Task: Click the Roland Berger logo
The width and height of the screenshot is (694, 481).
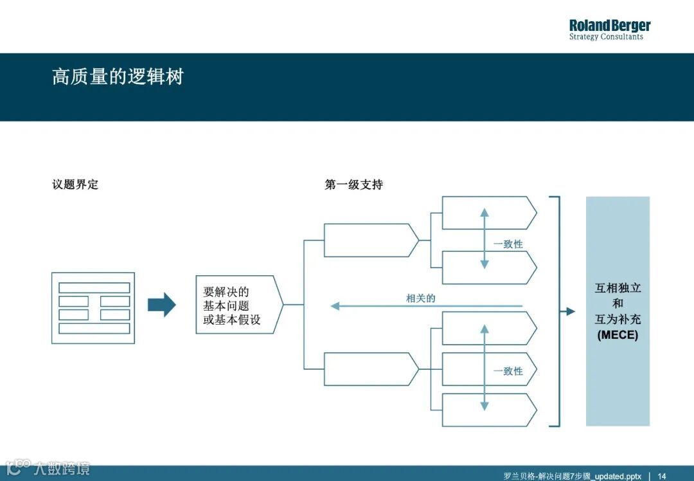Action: (x=609, y=26)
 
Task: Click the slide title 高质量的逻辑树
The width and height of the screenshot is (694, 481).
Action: (x=118, y=77)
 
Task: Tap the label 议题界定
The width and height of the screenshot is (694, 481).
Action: (x=75, y=185)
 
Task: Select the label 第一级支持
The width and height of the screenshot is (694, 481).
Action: (x=353, y=185)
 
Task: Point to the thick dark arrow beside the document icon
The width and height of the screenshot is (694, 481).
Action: (x=161, y=305)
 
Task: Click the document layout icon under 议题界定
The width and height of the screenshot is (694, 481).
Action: (x=93, y=308)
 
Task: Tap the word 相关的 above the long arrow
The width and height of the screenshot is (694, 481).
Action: (x=420, y=298)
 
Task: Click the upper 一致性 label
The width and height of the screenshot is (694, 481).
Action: (x=508, y=244)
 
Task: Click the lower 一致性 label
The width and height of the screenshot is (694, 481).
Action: (x=508, y=371)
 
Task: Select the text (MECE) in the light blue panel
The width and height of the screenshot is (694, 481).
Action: (x=618, y=335)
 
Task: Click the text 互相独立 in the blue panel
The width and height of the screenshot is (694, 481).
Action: (x=618, y=288)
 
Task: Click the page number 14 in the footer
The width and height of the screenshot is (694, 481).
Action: (x=662, y=476)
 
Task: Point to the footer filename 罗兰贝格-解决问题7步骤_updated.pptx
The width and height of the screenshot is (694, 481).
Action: (x=572, y=476)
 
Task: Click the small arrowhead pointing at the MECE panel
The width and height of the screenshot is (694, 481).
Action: (x=570, y=311)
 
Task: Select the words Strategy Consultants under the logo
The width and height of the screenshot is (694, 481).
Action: (x=605, y=37)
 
